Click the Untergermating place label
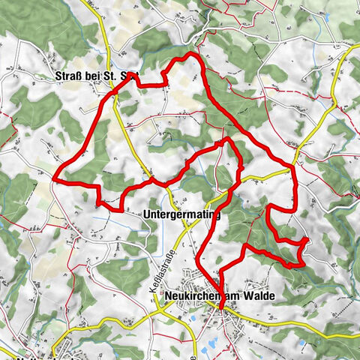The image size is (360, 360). click(x=181, y=214)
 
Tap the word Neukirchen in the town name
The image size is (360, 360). click(x=190, y=297)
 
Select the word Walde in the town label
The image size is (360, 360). click(x=257, y=297)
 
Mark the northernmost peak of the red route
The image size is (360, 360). click(x=192, y=55)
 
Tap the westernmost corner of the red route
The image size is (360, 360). click(x=55, y=178)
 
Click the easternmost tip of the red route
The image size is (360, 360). click(x=307, y=240)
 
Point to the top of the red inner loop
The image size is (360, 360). click(x=226, y=139)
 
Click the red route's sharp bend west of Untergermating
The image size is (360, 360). click(x=97, y=200)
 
